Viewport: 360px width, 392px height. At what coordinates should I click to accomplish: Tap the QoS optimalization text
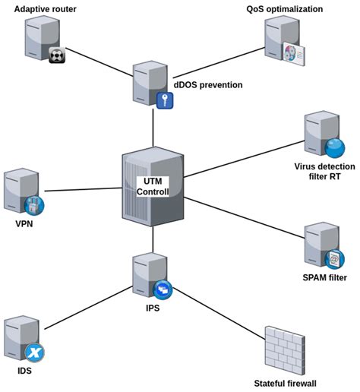[x=285, y=9]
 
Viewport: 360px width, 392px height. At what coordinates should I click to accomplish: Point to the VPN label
[x=25, y=225]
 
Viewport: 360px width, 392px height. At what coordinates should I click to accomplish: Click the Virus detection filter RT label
[x=323, y=171]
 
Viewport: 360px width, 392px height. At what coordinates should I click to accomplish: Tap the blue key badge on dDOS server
[x=166, y=100]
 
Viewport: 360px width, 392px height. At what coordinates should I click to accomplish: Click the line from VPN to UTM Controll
[x=84, y=189]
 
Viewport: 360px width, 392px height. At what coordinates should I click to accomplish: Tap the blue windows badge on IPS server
[x=163, y=289]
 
